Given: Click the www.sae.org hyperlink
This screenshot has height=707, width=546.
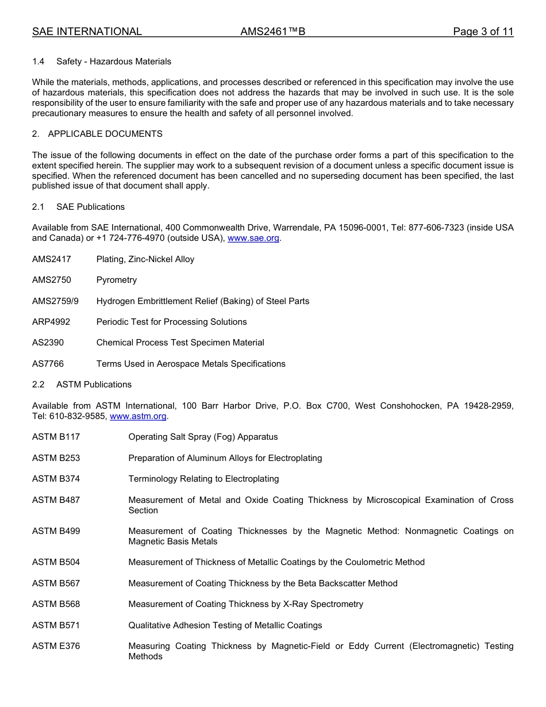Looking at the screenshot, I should click(253, 239).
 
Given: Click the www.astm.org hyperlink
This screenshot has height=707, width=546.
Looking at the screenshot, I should click(138, 416).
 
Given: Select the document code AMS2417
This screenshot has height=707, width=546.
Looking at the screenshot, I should click(52, 259).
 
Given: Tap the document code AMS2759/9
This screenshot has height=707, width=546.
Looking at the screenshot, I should click(55, 301).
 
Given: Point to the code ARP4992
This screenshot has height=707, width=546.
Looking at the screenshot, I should click(51, 322).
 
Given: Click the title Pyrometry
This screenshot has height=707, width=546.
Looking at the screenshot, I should click(117, 280).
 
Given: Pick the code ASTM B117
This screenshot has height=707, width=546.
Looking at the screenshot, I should click(56, 437).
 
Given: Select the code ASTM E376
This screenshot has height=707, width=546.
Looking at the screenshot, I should click(56, 646).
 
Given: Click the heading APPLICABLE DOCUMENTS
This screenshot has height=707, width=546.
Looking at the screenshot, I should click(105, 134).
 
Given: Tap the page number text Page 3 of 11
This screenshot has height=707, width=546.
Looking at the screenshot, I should click(483, 32).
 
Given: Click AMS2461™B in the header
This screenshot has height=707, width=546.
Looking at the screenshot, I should click(273, 32).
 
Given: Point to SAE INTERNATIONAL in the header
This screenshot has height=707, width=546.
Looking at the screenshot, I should click(87, 32).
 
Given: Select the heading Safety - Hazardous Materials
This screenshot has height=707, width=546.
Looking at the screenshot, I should click(114, 62).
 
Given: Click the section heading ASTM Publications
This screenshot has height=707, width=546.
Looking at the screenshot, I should click(94, 385).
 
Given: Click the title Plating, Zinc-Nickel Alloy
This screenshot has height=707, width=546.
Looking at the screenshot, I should click(145, 259).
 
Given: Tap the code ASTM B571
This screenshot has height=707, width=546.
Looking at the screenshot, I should click(56, 625).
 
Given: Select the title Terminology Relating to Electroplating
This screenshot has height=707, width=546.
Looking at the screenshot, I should click(203, 479).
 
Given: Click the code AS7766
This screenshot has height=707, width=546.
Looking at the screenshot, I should click(48, 364).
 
